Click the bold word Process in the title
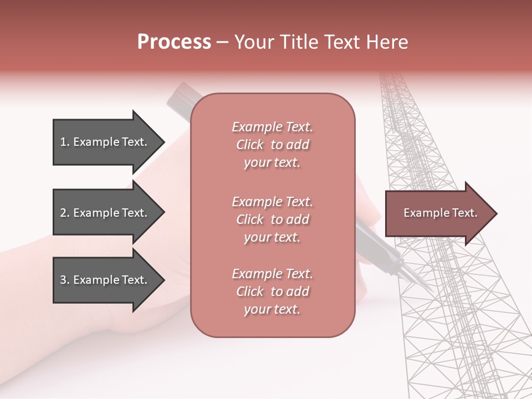pyautogui.click(x=174, y=42)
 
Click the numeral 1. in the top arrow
pyautogui.click(x=65, y=142)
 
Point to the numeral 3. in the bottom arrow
pyautogui.click(x=65, y=280)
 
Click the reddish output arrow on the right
pyautogui.click(x=432, y=213)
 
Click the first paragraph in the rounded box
pyautogui.click(x=272, y=145)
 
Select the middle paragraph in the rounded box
pyautogui.click(x=272, y=219)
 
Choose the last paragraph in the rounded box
pyautogui.click(x=272, y=291)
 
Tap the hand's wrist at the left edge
pyautogui.click(x=22, y=277)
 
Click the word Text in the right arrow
pyautogui.click(x=465, y=213)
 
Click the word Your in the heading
pyautogui.click(x=254, y=42)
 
